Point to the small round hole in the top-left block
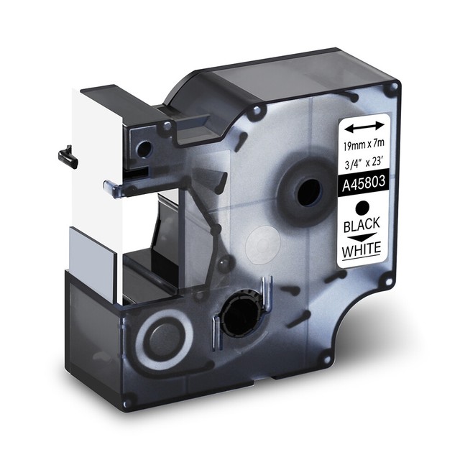click(x=144, y=150)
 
